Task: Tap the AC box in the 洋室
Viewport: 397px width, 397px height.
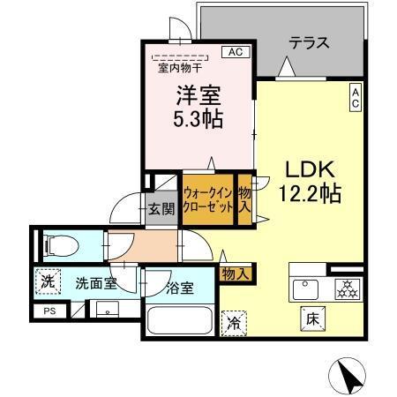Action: coord(236,53)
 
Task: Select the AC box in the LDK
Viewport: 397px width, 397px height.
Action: coord(355,98)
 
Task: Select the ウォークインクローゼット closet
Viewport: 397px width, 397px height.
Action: coord(208,199)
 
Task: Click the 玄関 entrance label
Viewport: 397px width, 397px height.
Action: coord(161,209)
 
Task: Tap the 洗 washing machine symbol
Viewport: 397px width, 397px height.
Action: coord(47,283)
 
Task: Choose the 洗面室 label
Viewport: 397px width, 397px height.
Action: coord(94,284)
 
